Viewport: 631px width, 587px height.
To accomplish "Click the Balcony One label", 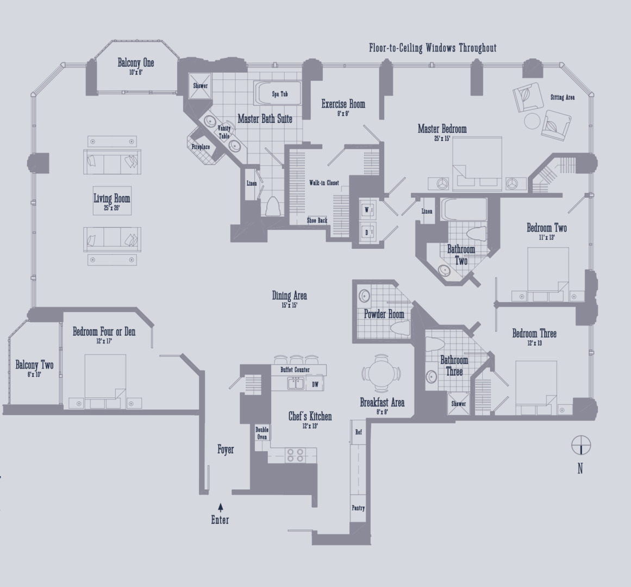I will pos(135,63).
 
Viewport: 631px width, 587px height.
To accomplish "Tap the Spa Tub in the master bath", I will pos(279,94).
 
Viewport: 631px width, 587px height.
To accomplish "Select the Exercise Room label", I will pos(343,104).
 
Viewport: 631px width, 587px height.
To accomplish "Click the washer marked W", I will pos(366,210).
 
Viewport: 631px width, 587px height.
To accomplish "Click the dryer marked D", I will pos(366,232).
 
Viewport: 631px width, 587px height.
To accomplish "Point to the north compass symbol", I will pos(580,445).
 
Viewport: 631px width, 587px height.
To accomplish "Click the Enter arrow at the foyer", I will pos(220,507).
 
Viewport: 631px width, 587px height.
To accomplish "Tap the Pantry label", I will pos(358,508).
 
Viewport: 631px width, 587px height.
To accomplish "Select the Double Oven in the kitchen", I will pos(262,433).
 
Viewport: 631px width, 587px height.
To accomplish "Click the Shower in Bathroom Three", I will pos(458,404).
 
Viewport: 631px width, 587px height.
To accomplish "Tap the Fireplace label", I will pos(201,147).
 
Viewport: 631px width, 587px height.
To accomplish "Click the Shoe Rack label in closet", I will pos(317,220).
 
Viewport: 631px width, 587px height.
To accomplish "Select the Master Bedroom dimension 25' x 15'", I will pos(441,139).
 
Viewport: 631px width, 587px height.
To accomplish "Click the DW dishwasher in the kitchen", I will pos(315,384).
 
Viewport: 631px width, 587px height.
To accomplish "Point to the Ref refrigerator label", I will pos(358,433).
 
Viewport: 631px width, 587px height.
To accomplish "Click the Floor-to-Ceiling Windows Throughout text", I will pos(432,48).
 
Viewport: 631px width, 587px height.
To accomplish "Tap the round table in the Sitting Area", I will pos(532,120).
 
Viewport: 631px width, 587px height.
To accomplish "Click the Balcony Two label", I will pos(34,365).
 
